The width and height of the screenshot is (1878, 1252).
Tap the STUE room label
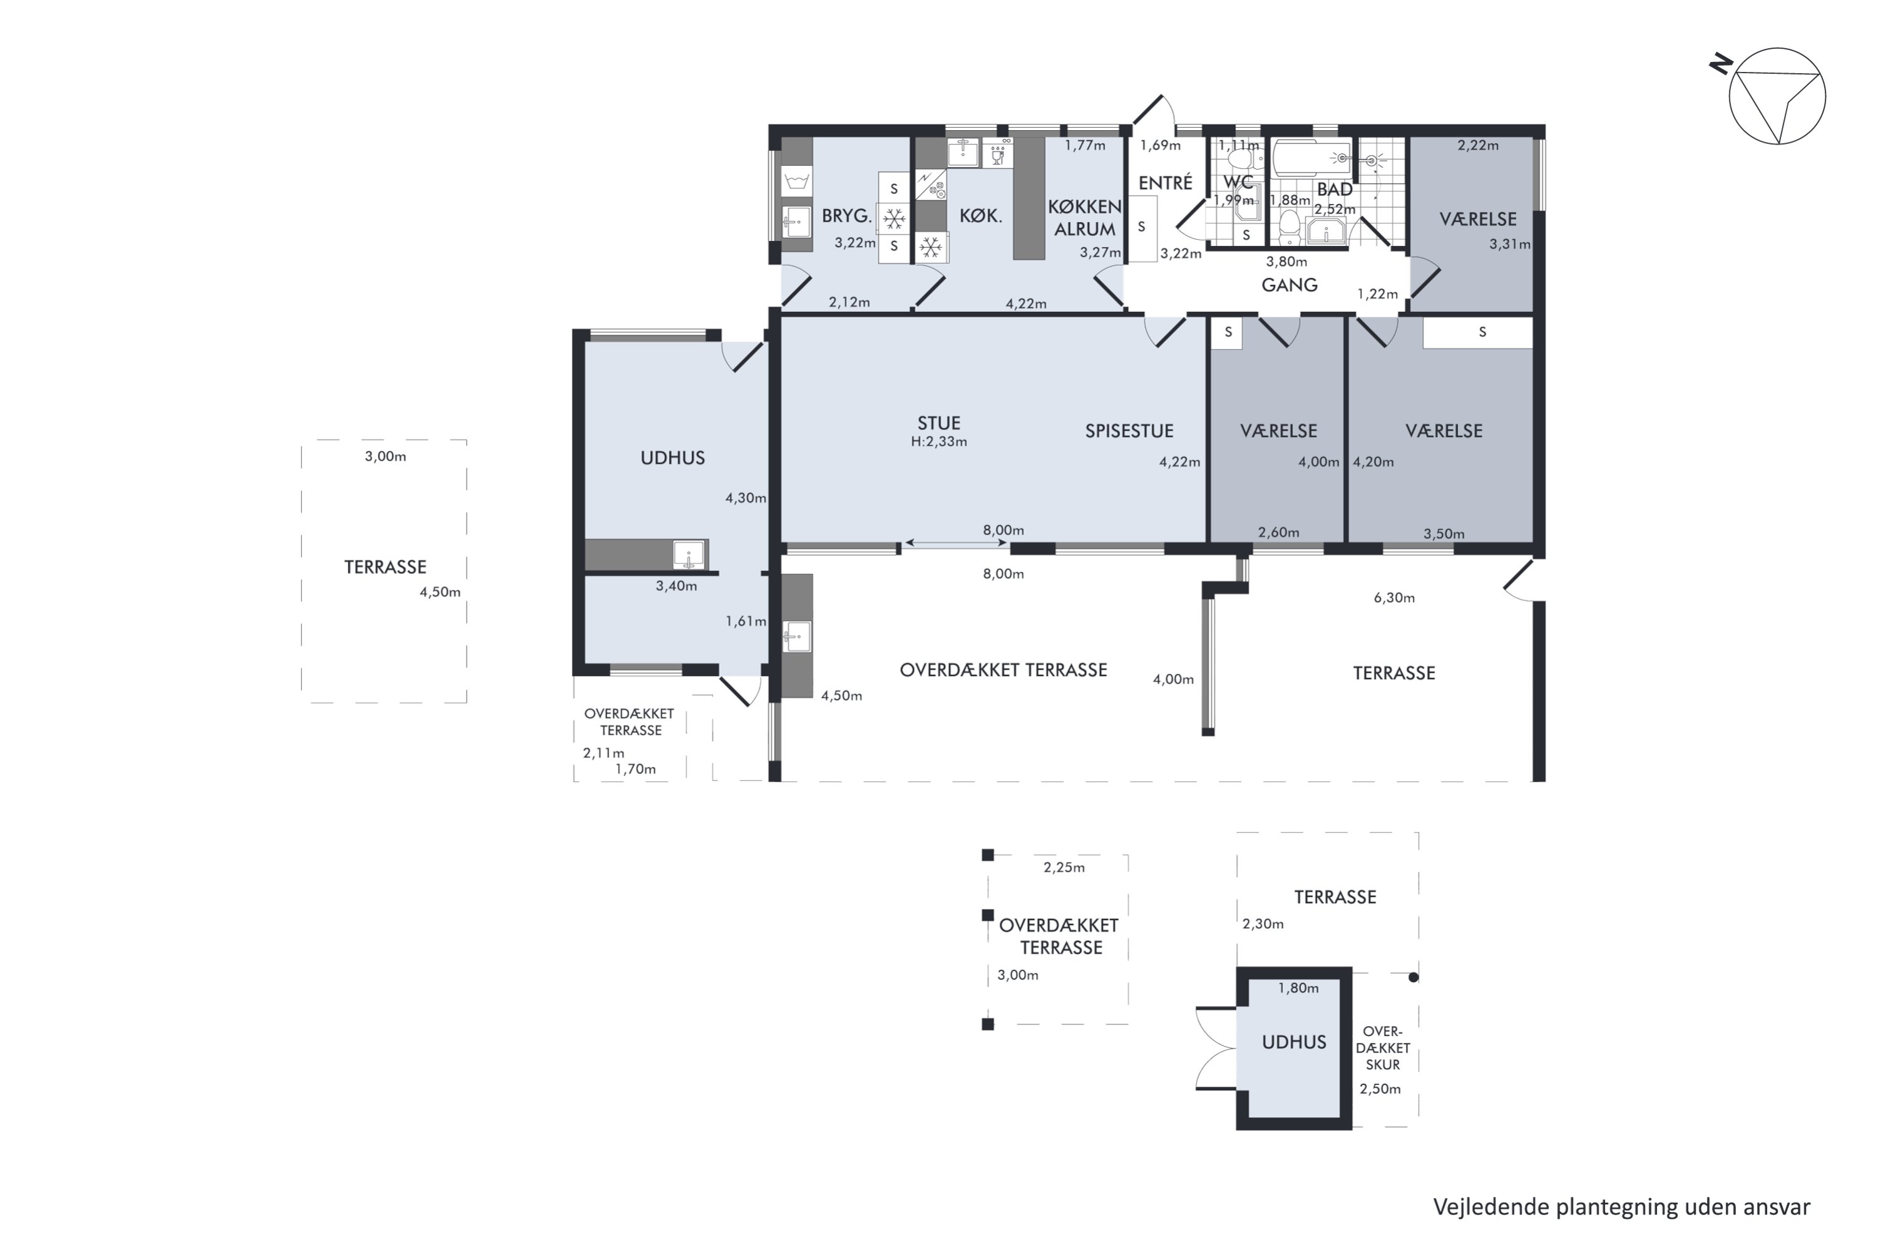[938, 423]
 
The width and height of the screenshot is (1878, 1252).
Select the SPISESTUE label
[1129, 431]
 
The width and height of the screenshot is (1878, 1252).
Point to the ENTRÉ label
[1165, 183]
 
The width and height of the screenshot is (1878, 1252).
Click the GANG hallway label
[1289, 285]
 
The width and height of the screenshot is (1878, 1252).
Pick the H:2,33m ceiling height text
[939, 441]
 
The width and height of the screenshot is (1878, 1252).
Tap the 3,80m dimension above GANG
[1286, 262]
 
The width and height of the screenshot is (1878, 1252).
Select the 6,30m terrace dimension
[1394, 598]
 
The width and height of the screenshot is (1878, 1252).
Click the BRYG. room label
[846, 215]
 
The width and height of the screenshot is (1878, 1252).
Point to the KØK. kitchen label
[980, 215]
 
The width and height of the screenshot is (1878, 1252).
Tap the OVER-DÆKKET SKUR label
[1383, 1047]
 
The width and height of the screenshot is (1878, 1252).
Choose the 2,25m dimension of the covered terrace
[1064, 868]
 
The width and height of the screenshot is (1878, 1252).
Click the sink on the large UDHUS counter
[688, 554]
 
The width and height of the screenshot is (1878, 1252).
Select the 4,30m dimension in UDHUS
[745, 498]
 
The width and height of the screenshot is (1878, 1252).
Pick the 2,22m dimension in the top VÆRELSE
[1478, 145]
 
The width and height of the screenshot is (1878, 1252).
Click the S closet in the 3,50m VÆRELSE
[1477, 332]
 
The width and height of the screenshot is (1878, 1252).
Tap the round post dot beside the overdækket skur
[1414, 977]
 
